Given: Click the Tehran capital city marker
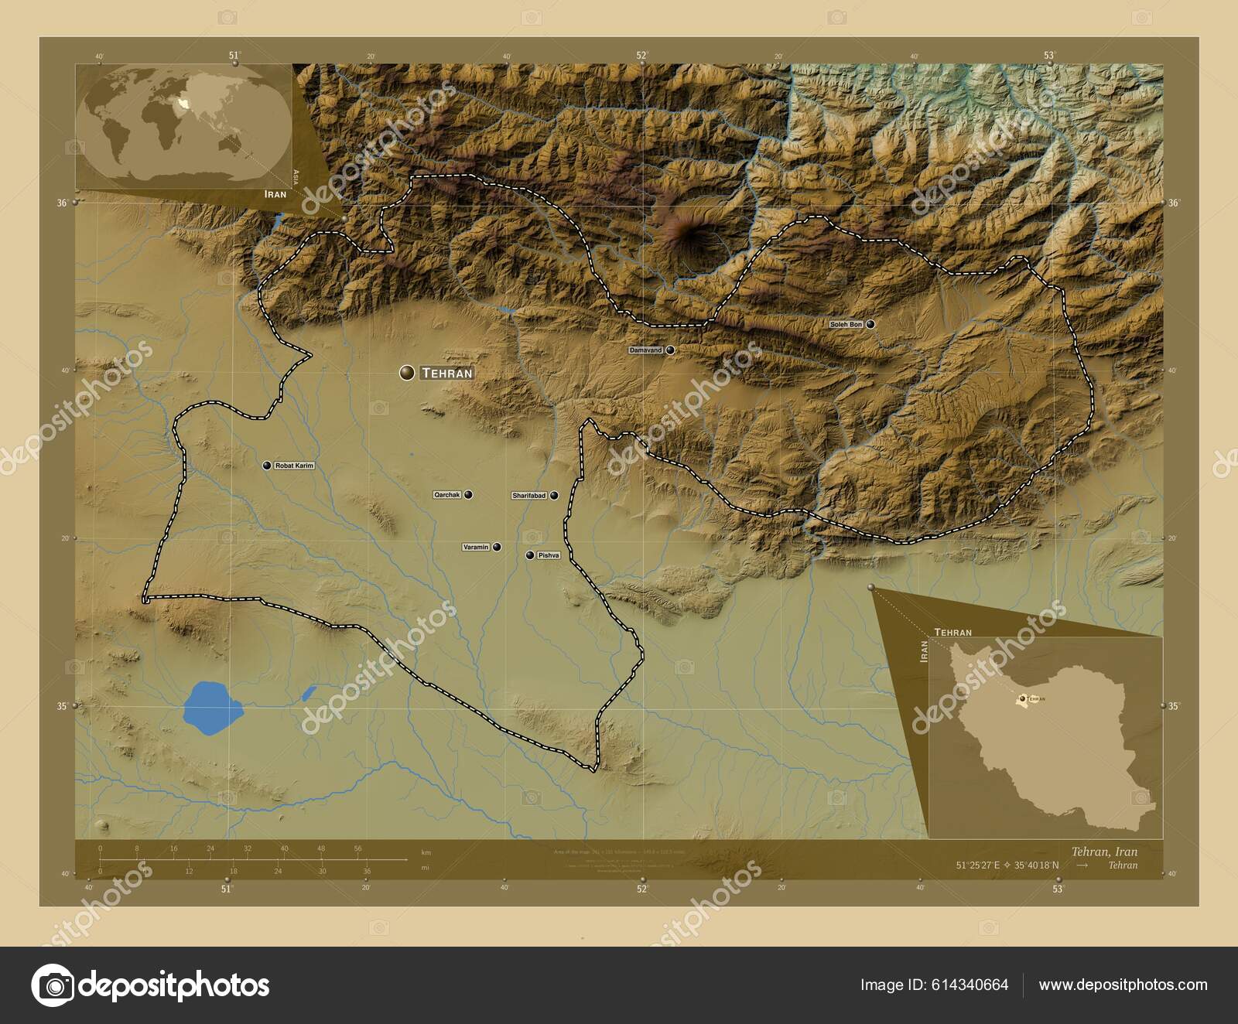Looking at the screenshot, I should click(x=407, y=373).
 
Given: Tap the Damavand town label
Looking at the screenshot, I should click(x=646, y=350).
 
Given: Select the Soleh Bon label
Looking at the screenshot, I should click(x=846, y=324).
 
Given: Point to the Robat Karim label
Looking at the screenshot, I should click(x=294, y=466).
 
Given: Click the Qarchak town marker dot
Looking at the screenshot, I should click(x=468, y=494).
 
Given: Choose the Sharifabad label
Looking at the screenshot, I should click(x=529, y=495).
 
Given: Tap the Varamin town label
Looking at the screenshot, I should click(x=476, y=547).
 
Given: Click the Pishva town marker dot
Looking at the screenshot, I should click(x=530, y=555).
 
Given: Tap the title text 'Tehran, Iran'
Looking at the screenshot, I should click(x=1104, y=852).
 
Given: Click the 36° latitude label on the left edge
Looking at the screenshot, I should click(x=62, y=203).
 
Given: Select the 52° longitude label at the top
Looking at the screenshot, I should click(x=641, y=55).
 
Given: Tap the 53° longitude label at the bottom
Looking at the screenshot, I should click(x=1058, y=889).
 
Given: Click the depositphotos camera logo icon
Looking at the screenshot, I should click(x=53, y=985).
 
